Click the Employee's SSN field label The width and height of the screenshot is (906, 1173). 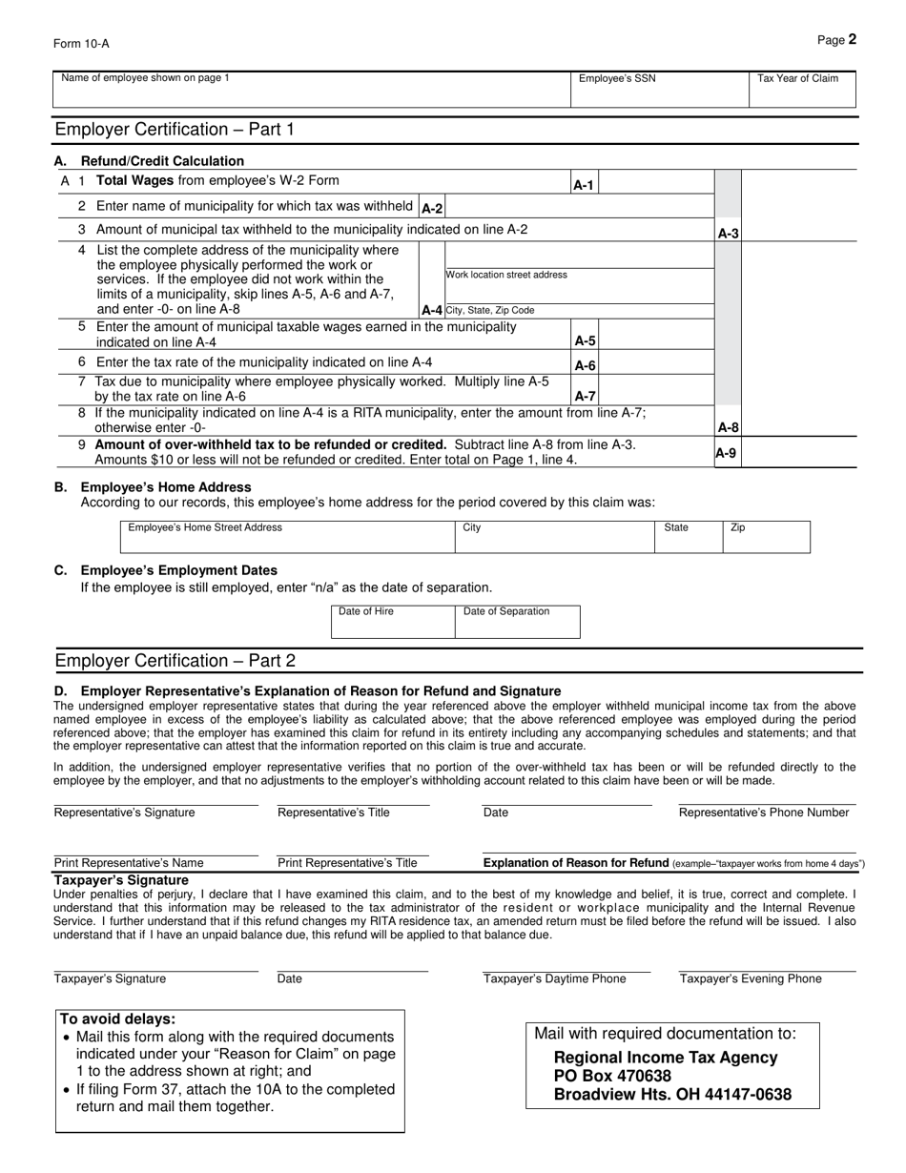tap(617, 78)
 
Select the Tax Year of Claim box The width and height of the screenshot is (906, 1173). tap(802, 89)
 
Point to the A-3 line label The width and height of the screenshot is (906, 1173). tap(728, 233)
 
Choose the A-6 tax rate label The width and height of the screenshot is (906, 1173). tap(585, 366)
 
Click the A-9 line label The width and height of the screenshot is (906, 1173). tap(726, 453)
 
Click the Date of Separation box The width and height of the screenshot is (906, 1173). tap(518, 622)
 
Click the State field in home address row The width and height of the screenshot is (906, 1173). tap(688, 537)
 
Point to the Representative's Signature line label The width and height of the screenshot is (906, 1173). tap(124, 813)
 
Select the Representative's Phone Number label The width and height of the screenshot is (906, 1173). tap(764, 813)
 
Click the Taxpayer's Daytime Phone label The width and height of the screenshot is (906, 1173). tap(555, 978)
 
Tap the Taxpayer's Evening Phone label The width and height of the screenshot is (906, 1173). tap(751, 978)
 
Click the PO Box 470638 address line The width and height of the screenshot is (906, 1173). tap(612, 1076)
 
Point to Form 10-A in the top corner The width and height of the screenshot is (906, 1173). tap(81, 43)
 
